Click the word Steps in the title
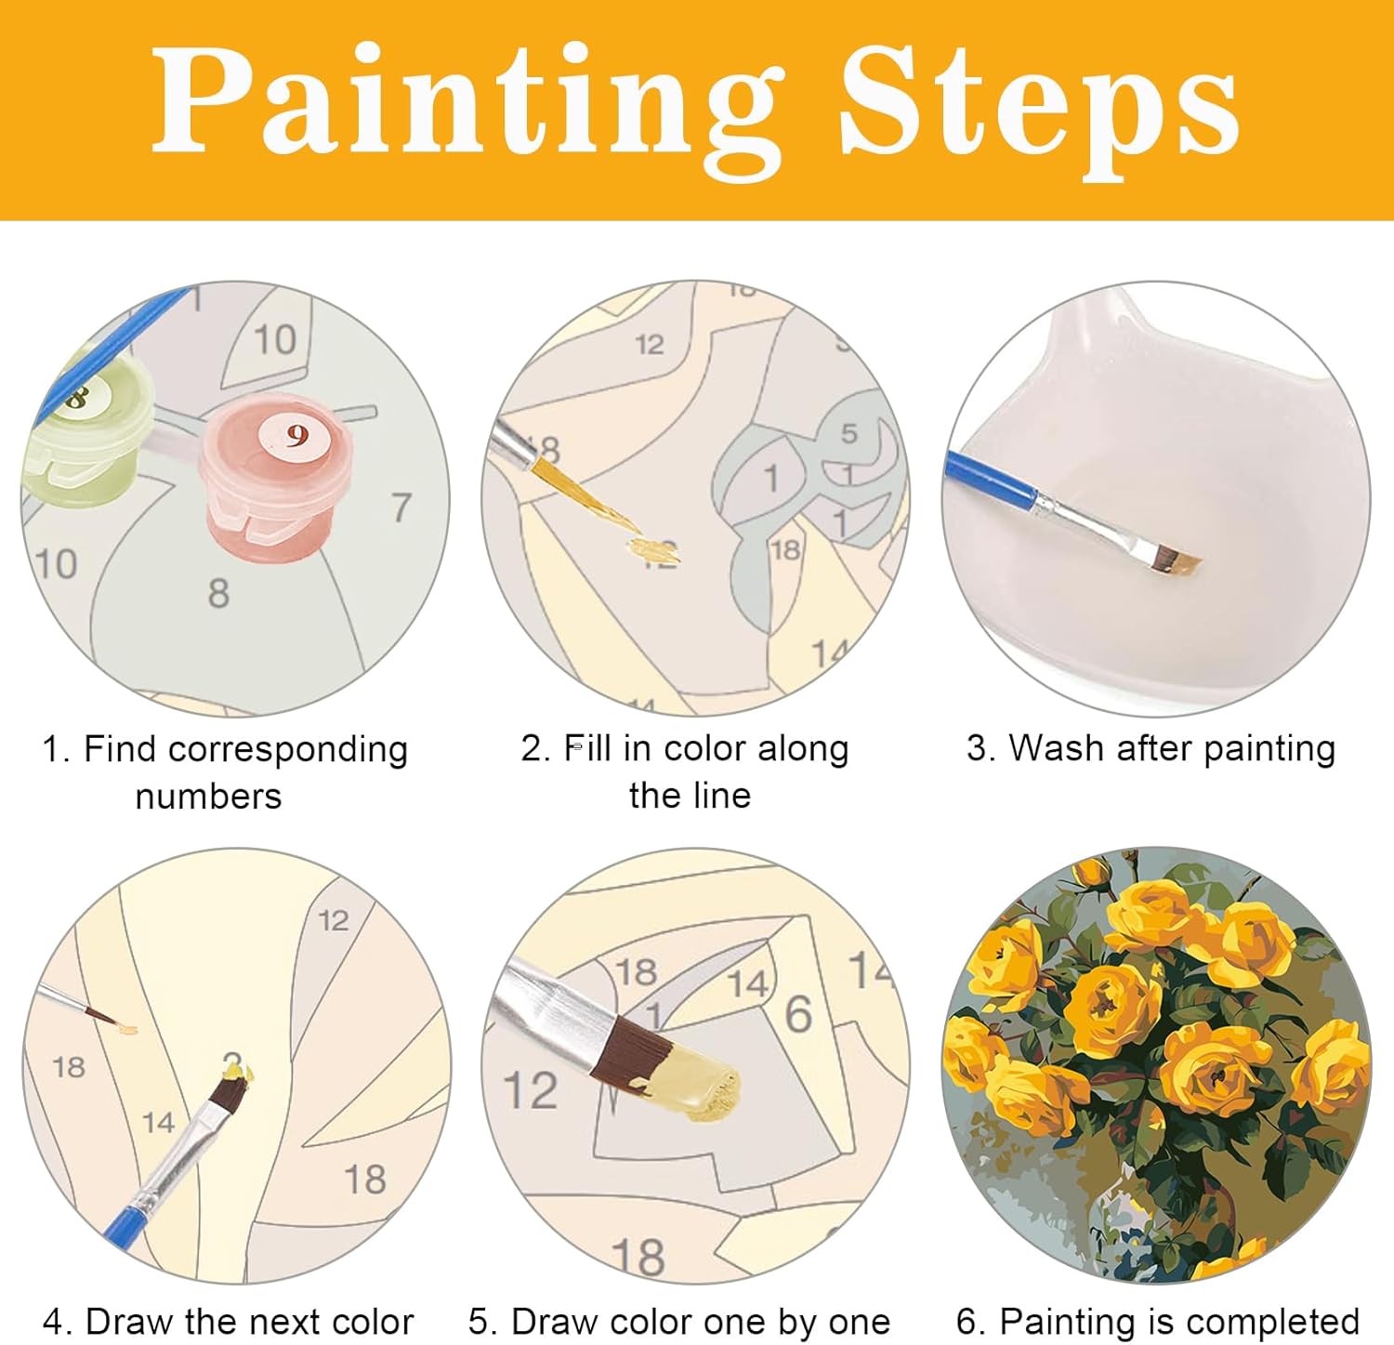pyautogui.click(x=1040, y=104)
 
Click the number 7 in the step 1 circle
pyautogui.click(x=401, y=508)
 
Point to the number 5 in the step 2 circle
pyautogui.click(x=849, y=433)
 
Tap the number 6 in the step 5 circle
pyautogui.click(x=799, y=1014)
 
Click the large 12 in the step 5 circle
pyautogui.click(x=530, y=1090)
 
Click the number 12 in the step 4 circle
pyautogui.click(x=334, y=920)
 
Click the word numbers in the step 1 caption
pyautogui.click(x=208, y=797)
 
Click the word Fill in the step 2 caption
pyautogui.click(x=588, y=748)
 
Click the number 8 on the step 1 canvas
pyautogui.click(x=218, y=593)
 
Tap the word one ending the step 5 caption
pyautogui.click(x=859, y=1322)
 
